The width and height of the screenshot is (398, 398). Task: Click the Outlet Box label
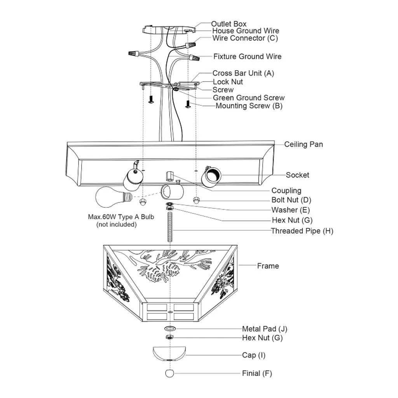tap(229, 24)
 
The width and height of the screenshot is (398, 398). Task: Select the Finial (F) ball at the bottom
tap(169, 373)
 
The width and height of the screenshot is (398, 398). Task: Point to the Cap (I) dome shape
tap(169, 353)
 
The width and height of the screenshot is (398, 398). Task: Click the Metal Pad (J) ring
tap(170, 329)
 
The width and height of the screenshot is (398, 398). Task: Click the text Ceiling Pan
tap(303, 144)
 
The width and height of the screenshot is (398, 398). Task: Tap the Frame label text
tap(268, 266)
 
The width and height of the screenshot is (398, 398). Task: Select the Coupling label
tap(286, 190)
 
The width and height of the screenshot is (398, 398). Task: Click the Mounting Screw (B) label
tap(249, 106)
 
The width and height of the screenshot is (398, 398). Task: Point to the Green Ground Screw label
tap(248, 98)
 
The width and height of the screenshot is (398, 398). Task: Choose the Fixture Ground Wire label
tap(247, 56)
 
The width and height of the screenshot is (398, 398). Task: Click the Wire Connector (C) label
tap(245, 38)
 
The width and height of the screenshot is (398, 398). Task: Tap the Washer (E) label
tap(290, 210)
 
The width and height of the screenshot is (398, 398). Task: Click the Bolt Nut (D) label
tap(291, 200)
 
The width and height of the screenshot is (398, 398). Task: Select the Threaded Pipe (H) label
tap(302, 231)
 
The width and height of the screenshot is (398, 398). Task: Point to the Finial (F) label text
tap(257, 373)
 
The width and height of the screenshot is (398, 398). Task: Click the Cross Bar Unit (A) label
tap(243, 73)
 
